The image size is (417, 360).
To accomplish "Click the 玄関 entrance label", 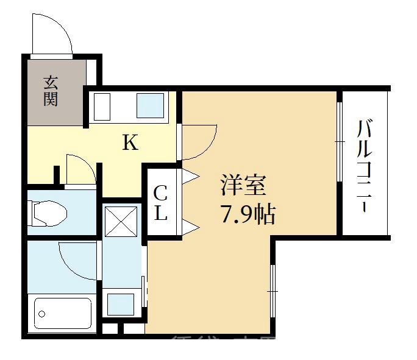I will [x=51, y=90].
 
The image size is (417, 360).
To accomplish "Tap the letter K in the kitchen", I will [x=130, y=144].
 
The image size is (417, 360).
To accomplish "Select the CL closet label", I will [x=160, y=203].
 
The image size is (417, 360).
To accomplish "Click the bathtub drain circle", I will [x=42, y=314].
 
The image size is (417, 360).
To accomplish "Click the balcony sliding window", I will [x=339, y=141].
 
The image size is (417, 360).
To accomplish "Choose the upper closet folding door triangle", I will [x=191, y=176].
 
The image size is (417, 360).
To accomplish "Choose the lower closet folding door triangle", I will [x=191, y=228].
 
